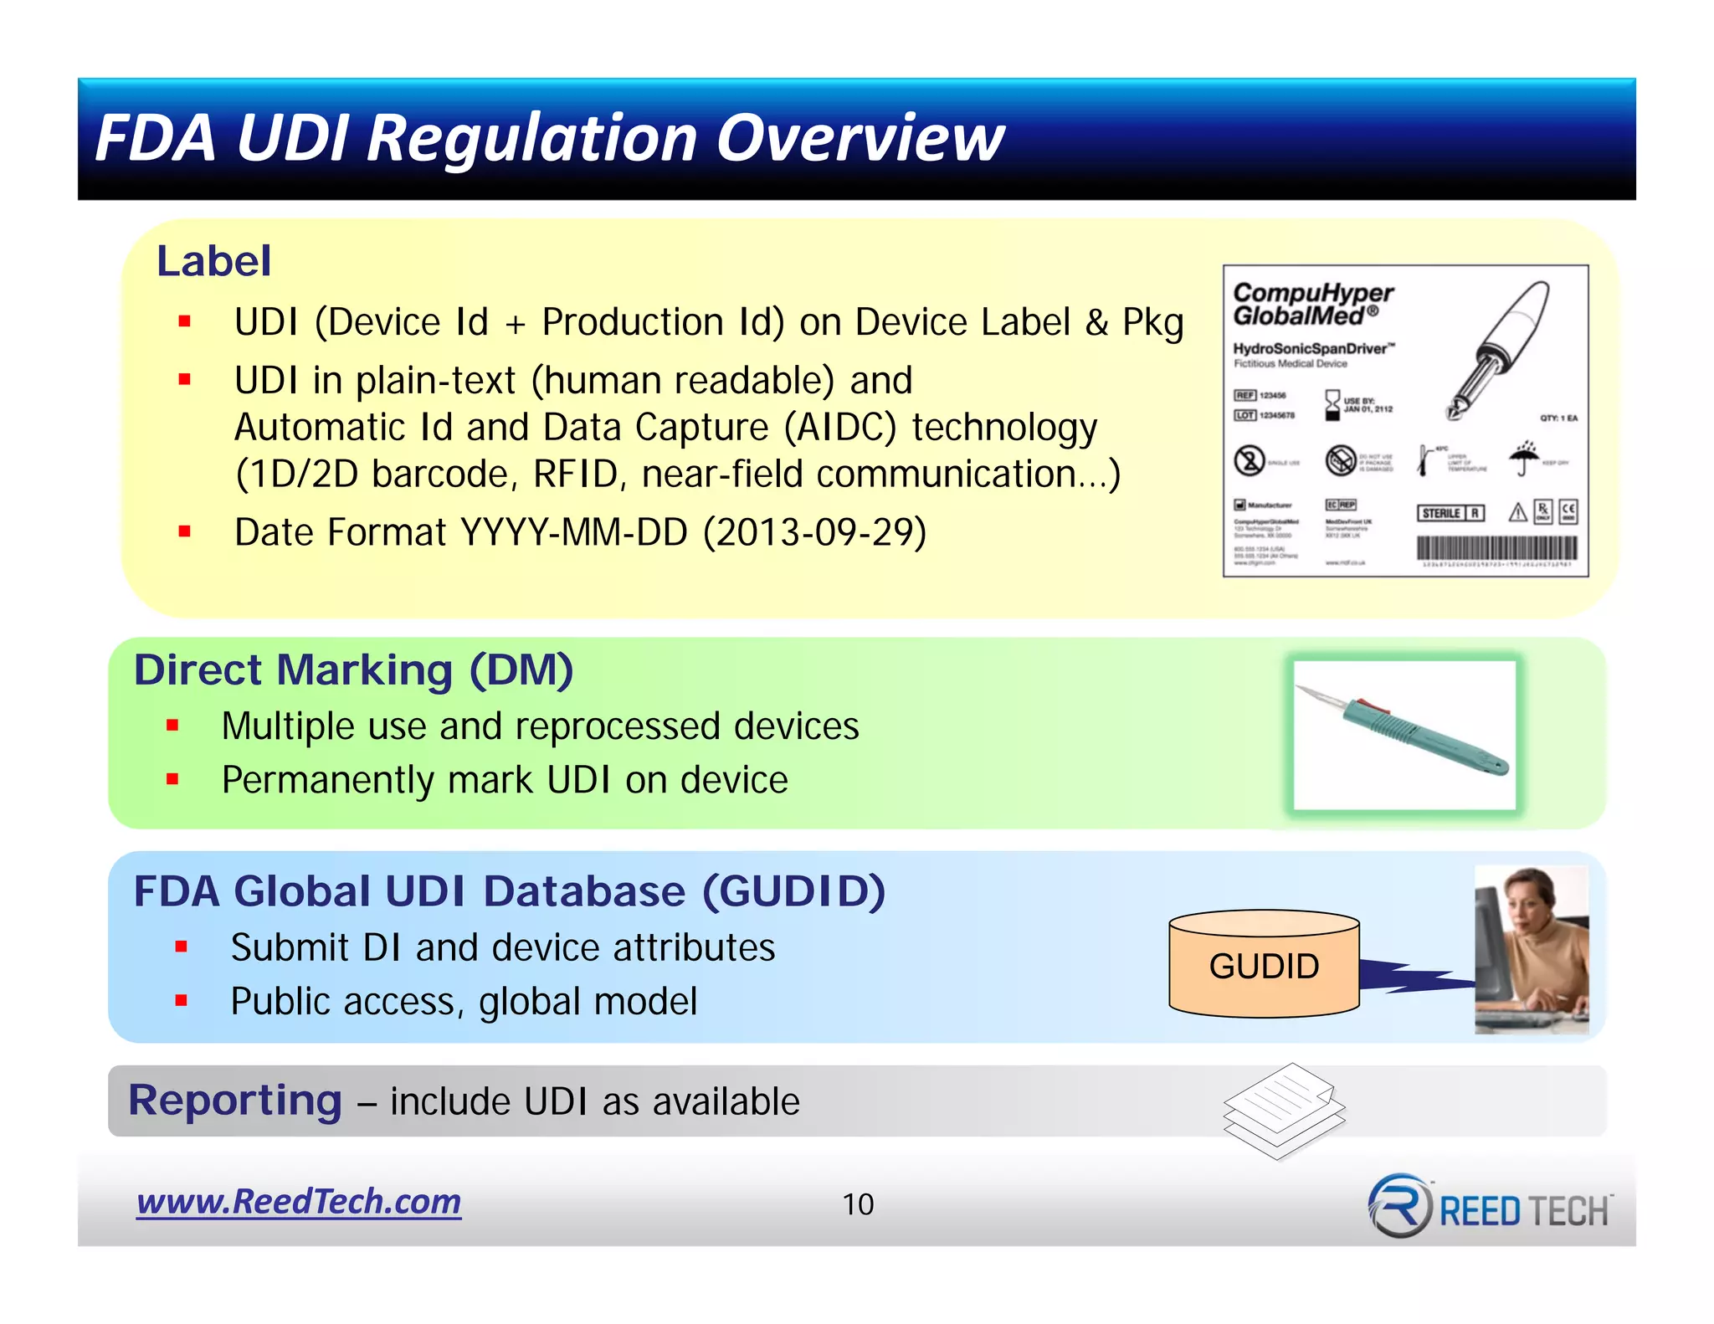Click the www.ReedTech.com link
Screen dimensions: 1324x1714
point(299,1202)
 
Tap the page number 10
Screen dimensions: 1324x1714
point(858,1204)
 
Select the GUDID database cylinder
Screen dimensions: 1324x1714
point(1264,965)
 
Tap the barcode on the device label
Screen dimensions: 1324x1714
point(1496,548)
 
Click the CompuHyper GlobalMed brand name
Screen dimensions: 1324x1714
point(1311,305)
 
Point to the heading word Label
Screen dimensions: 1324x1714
point(214,261)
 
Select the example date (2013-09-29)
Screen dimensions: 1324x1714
point(814,532)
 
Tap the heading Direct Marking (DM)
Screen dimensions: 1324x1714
point(353,670)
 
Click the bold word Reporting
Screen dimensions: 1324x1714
point(235,1100)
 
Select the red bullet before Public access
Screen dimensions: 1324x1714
point(181,1000)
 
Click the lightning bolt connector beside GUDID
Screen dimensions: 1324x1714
point(1414,977)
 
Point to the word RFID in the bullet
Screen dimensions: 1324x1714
point(575,475)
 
